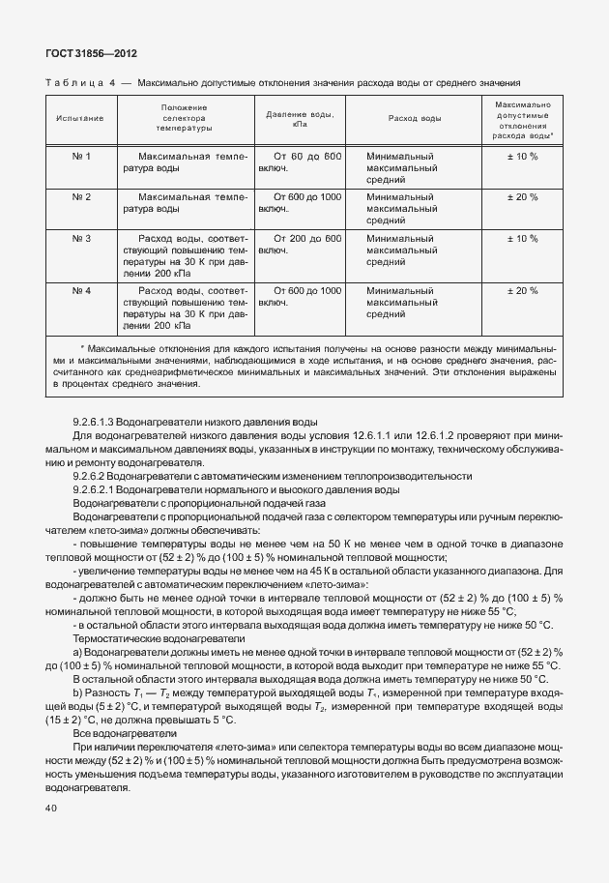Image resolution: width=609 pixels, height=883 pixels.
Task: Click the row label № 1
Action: click(81, 156)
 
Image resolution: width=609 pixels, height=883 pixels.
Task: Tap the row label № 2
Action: click(81, 196)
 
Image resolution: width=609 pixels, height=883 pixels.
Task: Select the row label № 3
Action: click(81, 238)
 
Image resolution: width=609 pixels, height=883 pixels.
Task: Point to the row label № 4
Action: click(81, 290)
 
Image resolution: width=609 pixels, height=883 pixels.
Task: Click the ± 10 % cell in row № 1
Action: click(522, 156)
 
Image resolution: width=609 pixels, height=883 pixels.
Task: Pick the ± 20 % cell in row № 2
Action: click(522, 196)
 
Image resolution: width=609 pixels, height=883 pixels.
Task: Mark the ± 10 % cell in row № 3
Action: click(522, 238)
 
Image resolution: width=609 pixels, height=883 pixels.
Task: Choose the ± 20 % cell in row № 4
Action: click(522, 290)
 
